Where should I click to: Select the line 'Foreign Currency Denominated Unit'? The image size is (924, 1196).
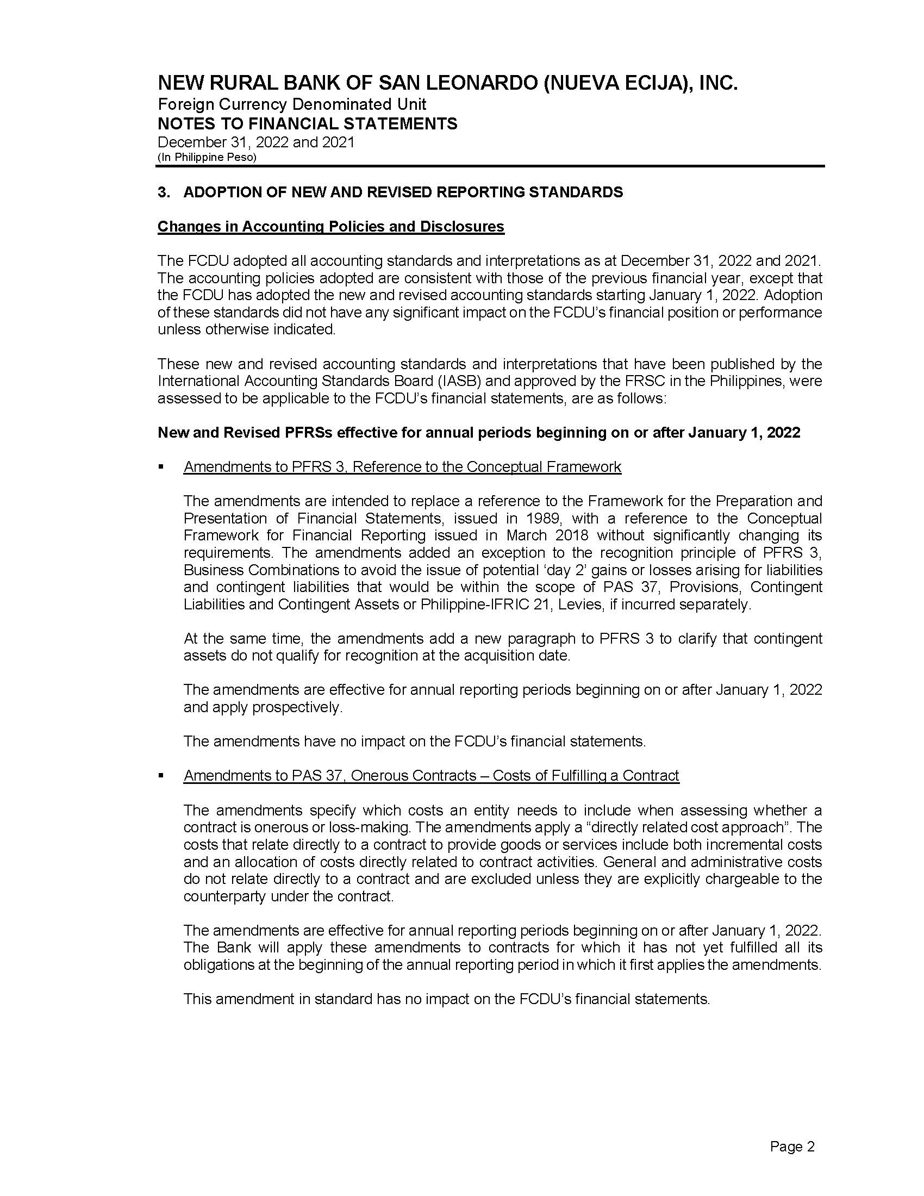(x=292, y=104)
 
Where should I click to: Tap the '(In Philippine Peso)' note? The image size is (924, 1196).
(x=207, y=157)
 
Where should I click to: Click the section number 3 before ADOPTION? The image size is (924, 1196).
(x=162, y=192)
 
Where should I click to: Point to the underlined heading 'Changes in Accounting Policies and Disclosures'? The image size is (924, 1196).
(x=330, y=227)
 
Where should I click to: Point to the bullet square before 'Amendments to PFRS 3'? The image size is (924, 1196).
(x=161, y=467)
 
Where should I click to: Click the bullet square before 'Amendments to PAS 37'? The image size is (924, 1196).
(x=161, y=776)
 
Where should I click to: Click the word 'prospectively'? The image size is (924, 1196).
(x=296, y=707)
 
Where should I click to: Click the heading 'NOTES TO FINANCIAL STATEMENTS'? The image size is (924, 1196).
(x=307, y=124)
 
